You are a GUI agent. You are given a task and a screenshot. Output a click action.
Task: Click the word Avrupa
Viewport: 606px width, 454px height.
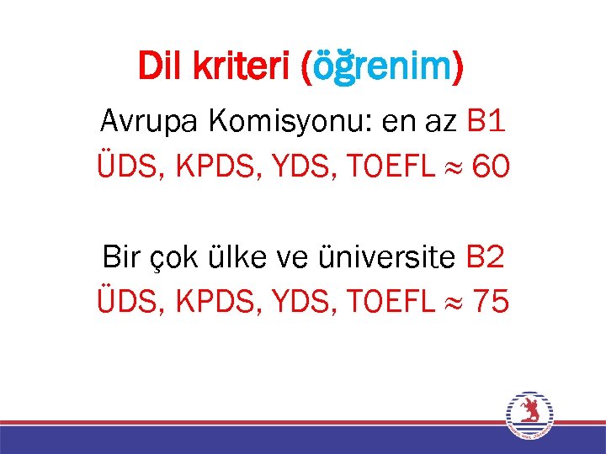point(147,123)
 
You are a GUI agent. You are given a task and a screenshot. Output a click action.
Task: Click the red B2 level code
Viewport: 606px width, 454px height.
point(486,256)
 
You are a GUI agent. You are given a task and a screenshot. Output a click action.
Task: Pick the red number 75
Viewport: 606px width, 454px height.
point(490,300)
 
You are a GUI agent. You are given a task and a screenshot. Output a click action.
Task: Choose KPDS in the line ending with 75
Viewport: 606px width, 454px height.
point(204,300)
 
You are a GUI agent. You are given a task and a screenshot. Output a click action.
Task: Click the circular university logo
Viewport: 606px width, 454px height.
point(529,414)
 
